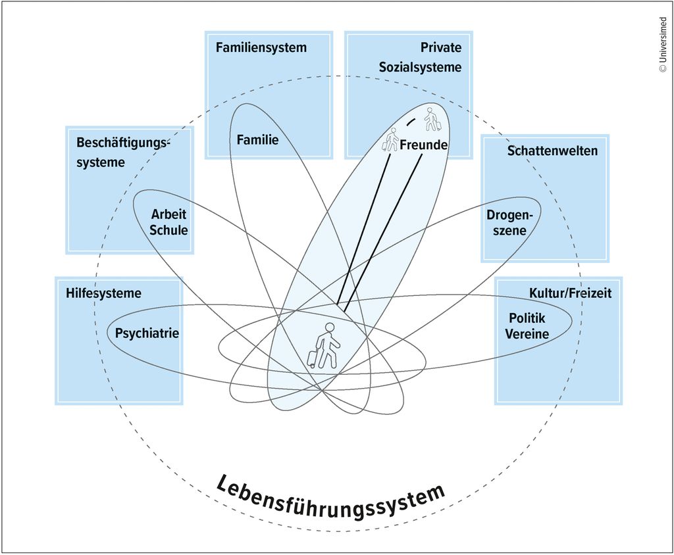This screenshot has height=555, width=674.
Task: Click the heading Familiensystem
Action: [261, 48]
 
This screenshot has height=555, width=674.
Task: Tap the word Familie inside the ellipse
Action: [257, 139]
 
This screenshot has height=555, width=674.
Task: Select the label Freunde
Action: [424, 145]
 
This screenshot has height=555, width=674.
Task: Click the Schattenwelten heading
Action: [552, 151]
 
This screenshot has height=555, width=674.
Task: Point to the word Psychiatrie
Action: [147, 333]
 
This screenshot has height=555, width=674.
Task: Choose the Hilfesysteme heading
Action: [103, 293]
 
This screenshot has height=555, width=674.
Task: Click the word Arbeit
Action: [169, 214]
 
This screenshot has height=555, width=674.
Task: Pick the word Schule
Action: [168, 230]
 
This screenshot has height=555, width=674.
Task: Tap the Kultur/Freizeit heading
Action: [570, 293]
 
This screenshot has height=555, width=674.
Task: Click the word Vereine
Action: [527, 334]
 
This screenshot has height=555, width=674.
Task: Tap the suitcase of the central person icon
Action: [312, 359]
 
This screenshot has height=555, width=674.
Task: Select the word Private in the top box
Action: [441, 48]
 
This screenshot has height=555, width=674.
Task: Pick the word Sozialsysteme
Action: [420, 67]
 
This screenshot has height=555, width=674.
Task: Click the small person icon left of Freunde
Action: [391, 140]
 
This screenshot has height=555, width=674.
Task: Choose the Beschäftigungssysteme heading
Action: [122, 152]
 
